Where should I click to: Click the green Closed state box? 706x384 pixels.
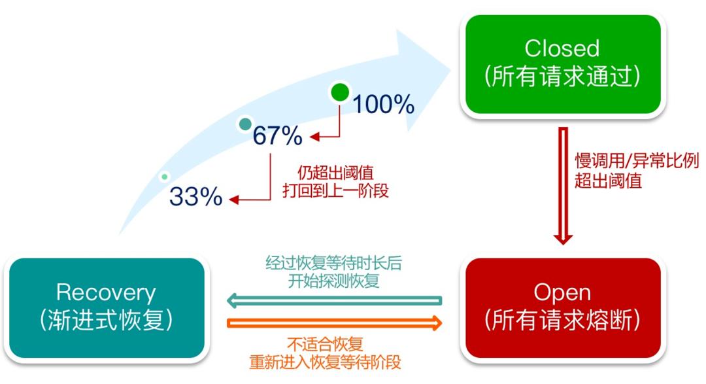(562, 64)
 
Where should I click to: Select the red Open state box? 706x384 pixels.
(562, 308)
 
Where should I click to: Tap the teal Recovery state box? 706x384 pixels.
(107, 307)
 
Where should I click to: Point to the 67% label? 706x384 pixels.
(277, 136)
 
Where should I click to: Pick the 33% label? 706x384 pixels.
(196, 196)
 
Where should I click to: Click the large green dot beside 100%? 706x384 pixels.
(340, 93)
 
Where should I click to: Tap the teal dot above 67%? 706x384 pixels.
(245, 124)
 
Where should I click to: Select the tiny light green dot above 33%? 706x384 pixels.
(165, 176)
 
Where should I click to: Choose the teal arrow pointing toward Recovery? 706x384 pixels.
(333, 301)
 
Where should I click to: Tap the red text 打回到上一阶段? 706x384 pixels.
(335, 192)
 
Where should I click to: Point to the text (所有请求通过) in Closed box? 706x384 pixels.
(562, 77)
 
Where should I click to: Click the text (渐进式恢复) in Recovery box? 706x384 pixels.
(107, 321)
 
